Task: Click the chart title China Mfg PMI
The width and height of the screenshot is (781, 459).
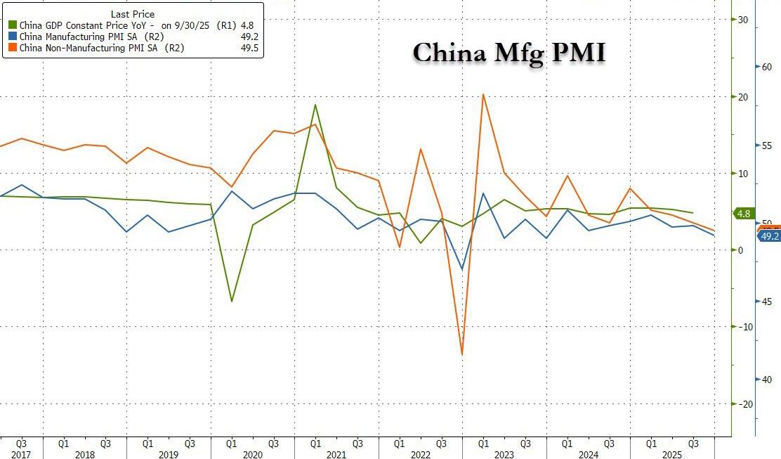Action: [508, 53]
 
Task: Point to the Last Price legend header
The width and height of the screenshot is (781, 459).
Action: [133, 13]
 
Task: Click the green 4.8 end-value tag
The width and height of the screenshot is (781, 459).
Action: [743, 214]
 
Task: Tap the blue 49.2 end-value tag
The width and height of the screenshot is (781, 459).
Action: [769, 237]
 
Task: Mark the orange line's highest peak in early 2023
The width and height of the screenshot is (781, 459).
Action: [483, 94]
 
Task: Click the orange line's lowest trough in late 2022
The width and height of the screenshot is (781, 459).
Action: [462, 354]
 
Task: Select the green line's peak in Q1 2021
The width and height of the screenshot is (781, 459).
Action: [315, 105]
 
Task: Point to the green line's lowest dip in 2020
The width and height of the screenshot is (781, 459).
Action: [232, 302]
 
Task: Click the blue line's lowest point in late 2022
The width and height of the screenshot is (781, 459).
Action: [462, 269]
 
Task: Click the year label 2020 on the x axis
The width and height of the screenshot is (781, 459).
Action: [252, 455]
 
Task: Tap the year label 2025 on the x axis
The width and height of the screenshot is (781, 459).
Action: [672, 455]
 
